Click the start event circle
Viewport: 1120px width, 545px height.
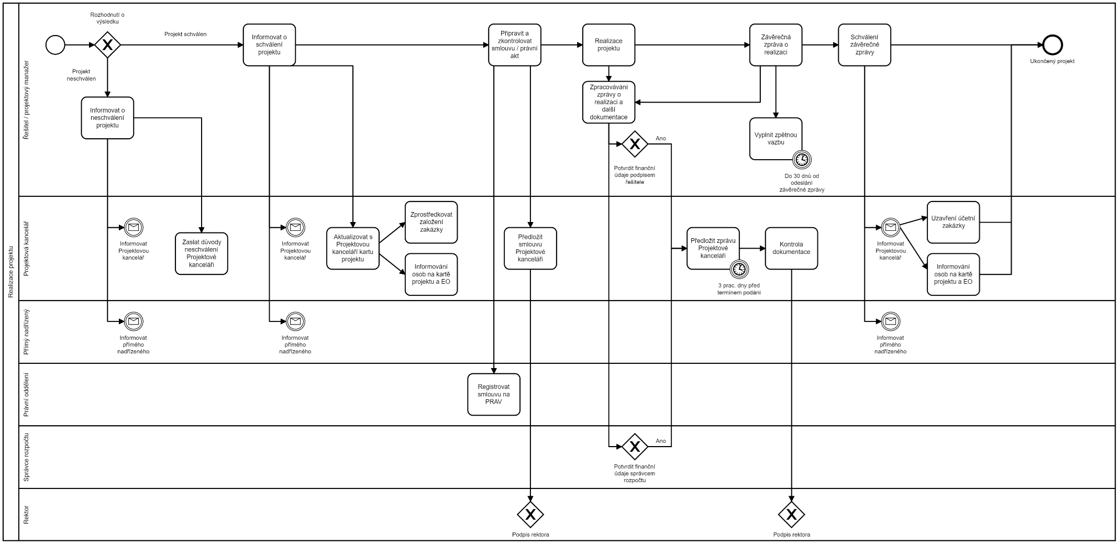(x=56, y=45)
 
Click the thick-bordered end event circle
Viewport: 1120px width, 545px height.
(x=1052, y=45)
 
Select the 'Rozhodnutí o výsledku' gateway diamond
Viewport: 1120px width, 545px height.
(x=107, y=45)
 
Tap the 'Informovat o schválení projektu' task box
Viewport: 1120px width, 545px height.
(x=269, y=45)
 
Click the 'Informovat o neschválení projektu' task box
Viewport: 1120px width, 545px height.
(x=107, y=118)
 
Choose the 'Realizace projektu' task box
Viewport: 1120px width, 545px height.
(x=608, y=45)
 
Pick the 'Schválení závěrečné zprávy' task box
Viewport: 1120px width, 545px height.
(x=864, y=45)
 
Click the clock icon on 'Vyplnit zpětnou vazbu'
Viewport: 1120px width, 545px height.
(x=802, y=159)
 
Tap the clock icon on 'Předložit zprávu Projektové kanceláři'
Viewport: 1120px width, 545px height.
(x=739, y=269)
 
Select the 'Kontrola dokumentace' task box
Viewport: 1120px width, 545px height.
(x=791, y=248)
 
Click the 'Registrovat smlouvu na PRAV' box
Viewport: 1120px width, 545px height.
(x=494, y=394)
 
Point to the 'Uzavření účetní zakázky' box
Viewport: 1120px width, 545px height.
(x=953, y=222)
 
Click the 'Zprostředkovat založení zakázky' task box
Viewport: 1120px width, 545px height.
(x=431, y=222)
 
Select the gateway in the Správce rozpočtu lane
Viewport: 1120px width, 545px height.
(x=635, y=447)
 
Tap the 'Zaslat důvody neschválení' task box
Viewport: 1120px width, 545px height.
(x=202, y=253)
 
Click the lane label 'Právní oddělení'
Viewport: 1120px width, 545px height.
(x=26, y=394)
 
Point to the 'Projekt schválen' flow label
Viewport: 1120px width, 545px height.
(x=185, y=34)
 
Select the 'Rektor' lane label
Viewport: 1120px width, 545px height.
(x=26, y=515)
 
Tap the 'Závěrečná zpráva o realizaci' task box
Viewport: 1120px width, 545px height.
(x=775, y=45)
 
